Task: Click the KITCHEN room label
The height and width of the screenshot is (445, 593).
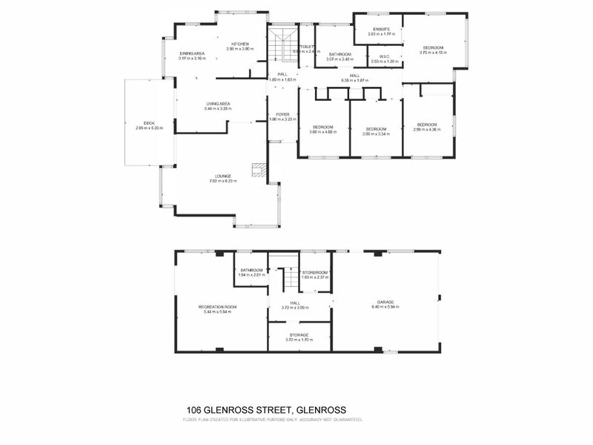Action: (x=239, y=44)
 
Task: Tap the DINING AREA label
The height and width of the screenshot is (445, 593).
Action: (x=192, y=53)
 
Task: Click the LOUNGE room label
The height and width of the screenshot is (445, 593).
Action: (x=224, y=176)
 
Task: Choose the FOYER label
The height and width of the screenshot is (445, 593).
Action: (x=282, y=114)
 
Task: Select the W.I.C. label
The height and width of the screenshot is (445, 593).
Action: (x=383, y=56)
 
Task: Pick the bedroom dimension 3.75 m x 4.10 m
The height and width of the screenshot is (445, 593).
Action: (x=434, y=53)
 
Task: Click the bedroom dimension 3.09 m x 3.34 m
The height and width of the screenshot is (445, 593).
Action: (x=377, y=134)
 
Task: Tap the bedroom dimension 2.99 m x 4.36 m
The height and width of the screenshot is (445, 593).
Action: (x=427, y=129)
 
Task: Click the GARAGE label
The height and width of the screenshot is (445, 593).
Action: (x=385, y=302)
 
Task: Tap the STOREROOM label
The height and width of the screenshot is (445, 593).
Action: (x=315, y=273)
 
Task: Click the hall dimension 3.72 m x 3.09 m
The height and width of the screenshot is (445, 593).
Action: (x=294, y=308)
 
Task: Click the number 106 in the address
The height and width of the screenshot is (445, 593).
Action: (x=194, y=409)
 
